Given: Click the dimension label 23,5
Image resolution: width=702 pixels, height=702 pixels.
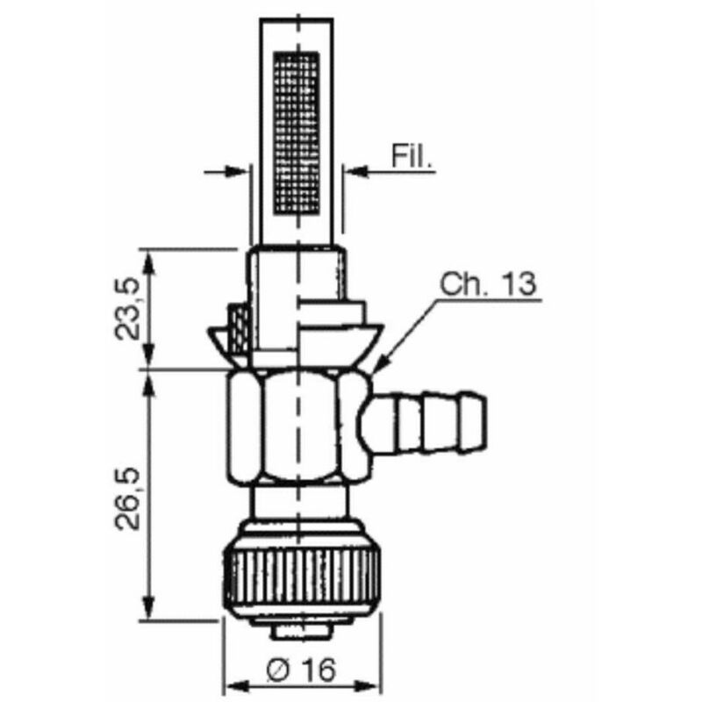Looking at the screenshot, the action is click(x=125, y=310).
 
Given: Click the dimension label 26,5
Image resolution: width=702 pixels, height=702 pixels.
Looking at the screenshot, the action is click(x=125, y=499).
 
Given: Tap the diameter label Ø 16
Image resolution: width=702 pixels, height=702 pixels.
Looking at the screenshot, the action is click(x=300, y=670).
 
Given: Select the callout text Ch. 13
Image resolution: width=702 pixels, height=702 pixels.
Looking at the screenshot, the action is click(x=487, y=283).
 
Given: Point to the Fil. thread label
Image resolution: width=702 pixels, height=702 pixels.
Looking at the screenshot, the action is click(x=412, y=156).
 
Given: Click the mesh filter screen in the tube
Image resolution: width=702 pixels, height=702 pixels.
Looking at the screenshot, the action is click(x=297, y=133).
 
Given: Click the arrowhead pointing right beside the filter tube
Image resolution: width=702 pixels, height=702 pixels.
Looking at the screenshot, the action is click(x=236, y=171).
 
